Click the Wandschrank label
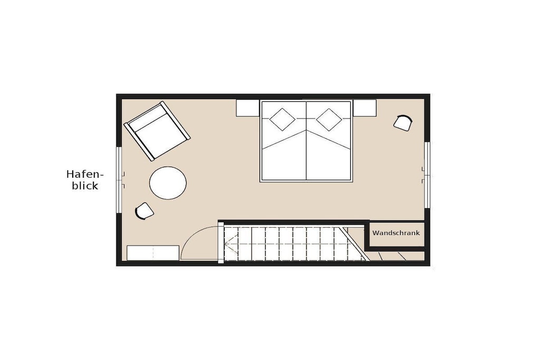[x=396, y=233]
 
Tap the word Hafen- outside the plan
[x=85, y=174]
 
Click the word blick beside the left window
[x=85, y=186]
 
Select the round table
[x=168, y=183]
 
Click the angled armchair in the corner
[x=157, y=131]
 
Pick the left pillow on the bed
[x=283, y=120]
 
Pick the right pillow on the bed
[x=329, y=120]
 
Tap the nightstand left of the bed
[x=248, y=108]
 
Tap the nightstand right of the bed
[x=364, y=108]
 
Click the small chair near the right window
[x=403, y=123]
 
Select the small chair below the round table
[x=144, y=211]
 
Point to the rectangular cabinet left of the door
[x=153, y=253]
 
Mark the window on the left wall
[x=119, y=180]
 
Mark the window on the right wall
[x=427, y=175]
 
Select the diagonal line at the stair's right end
[x=355, y=244]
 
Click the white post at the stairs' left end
[x=221, y=242]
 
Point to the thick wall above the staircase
[x=293, y=222]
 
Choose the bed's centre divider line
[x=306, y=141]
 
